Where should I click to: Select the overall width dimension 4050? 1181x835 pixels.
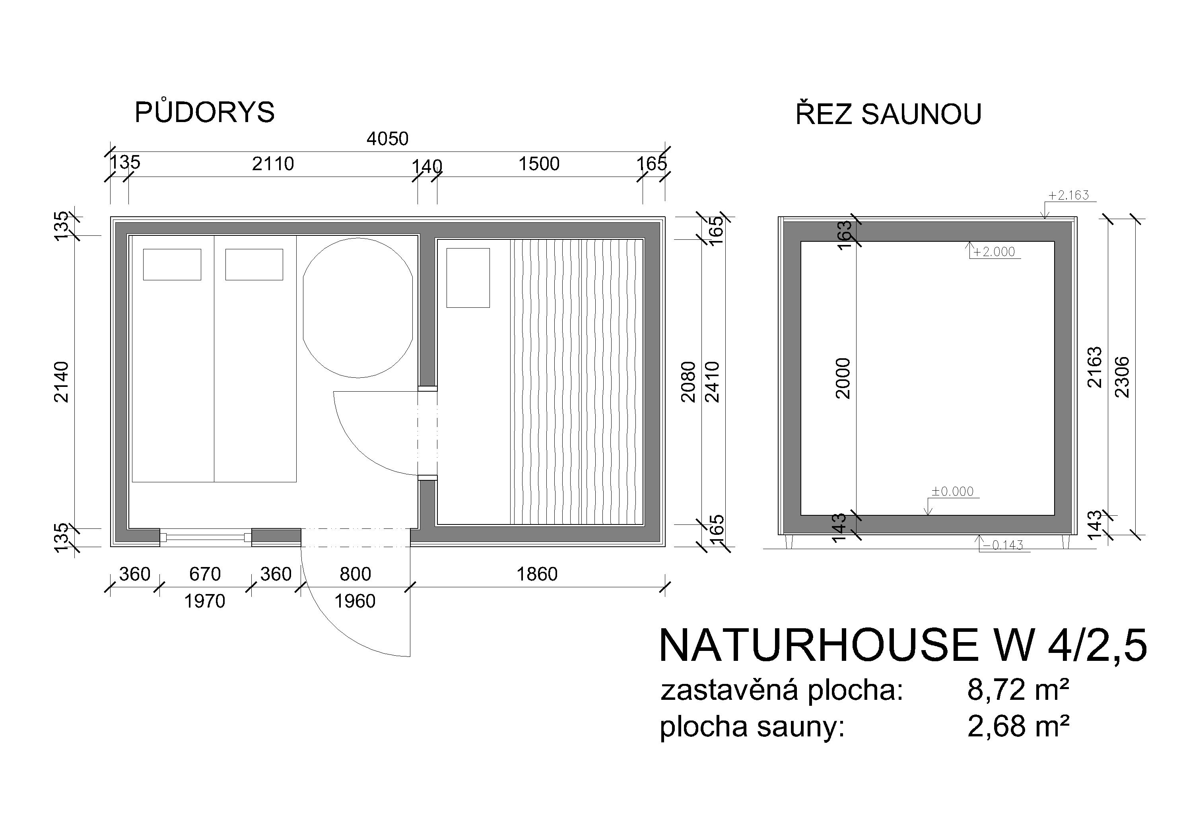[x=387, y=139]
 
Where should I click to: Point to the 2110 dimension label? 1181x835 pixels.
[x=273, y=164]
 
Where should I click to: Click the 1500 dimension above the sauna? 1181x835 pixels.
[x=538, y=164]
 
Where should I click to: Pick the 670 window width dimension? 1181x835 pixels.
[x=205, y=574]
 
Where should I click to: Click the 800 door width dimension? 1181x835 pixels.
[x=355, y=574]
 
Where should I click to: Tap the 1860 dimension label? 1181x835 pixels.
[x=537, y=574]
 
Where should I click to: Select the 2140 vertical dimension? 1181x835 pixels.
[x=61, y=382]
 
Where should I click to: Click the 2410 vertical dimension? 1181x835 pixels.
[x=713, y=382]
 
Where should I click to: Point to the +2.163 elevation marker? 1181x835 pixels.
[x=1069, y=196]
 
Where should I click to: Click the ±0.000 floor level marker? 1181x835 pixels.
[x=953, y=491]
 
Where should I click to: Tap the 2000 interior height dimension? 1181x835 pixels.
[x=843, y=379]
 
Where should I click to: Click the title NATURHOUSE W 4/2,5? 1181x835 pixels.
[x=903, y=645]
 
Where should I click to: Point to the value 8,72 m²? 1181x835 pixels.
[x=1018, y=690]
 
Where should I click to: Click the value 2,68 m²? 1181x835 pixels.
[x=1018, y=727]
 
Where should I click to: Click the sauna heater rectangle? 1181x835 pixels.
[x=468, y=278]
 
